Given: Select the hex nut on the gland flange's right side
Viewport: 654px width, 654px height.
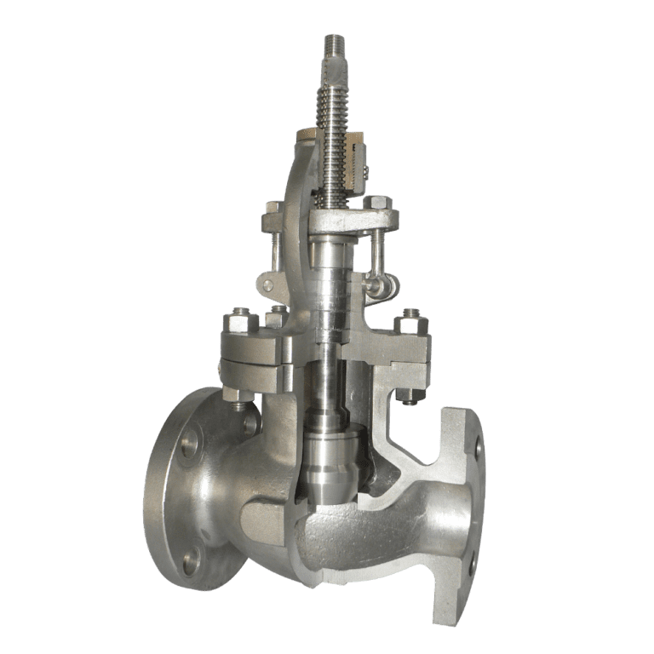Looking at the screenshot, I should coord(378,204).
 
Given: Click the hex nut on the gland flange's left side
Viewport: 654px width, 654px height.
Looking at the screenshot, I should coord(273,209).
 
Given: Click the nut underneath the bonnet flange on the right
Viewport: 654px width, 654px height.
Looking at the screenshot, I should coord(408,395).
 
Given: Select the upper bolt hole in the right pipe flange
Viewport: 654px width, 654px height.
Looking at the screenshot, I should coord(478,446).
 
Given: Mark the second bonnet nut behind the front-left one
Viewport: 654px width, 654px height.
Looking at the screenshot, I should coord(274,317).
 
